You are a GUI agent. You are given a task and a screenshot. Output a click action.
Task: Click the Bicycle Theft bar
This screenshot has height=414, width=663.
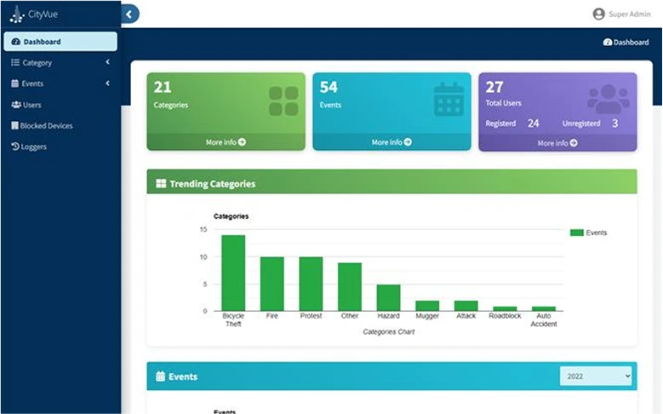pyautogui.click(x=233, y=273)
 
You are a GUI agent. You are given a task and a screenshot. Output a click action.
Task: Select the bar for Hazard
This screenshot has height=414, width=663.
pyautogui.click(x=388, y=297)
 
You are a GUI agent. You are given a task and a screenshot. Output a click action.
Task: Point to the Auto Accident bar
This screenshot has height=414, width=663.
pyautogui.click(x=543, y=308)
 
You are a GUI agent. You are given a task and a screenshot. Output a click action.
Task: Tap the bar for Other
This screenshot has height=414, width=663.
pyautogui.click(x=349, y=286)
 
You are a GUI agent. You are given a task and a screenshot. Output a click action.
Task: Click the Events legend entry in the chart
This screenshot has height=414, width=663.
pyautogui.click(x=588, y=233)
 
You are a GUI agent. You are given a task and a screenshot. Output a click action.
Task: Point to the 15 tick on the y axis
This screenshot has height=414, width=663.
pyautogui.click(x=203, y=230)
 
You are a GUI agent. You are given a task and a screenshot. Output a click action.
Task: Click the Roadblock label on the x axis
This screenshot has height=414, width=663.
pyautogui.click(x=505, y=316)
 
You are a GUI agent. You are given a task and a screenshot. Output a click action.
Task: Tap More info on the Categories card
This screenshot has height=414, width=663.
pyautogui.click(x=226, y=142)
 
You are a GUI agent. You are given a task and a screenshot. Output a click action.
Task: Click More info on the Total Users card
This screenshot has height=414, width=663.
pyautogui.click(x=557, y=143)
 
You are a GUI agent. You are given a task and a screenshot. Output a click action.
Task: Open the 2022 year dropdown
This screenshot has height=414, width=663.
pyautogui.click(x=596, y=376)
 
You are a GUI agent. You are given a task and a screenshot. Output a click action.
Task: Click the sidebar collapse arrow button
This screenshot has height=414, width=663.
pyautogui.click(x=129, y=14)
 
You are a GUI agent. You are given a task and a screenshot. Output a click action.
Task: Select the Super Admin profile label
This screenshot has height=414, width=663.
pyautogui.click(x=630, y=14)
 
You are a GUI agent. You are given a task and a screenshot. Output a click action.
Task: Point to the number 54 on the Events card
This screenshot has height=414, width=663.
pyautogui.click(x=329, y=87)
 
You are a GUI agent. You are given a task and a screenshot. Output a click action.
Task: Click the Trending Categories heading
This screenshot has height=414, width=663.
pyautogui.click(x=212, y=183)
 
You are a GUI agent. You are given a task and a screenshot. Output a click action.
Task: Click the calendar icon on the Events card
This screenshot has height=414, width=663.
pyautogui.click(x=449, y=100)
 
